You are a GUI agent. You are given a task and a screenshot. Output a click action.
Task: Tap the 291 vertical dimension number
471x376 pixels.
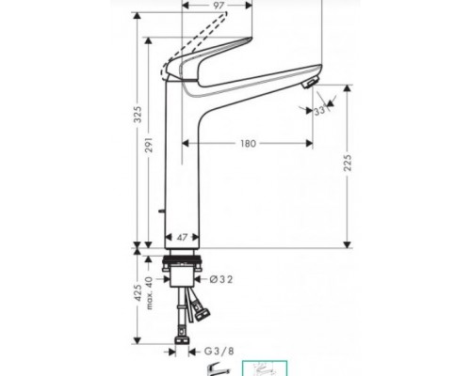coord(157,160)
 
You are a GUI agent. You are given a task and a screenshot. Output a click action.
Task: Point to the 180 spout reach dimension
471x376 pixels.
coord(247,144)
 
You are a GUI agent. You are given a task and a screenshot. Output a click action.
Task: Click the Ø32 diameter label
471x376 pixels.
coord(219,279)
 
